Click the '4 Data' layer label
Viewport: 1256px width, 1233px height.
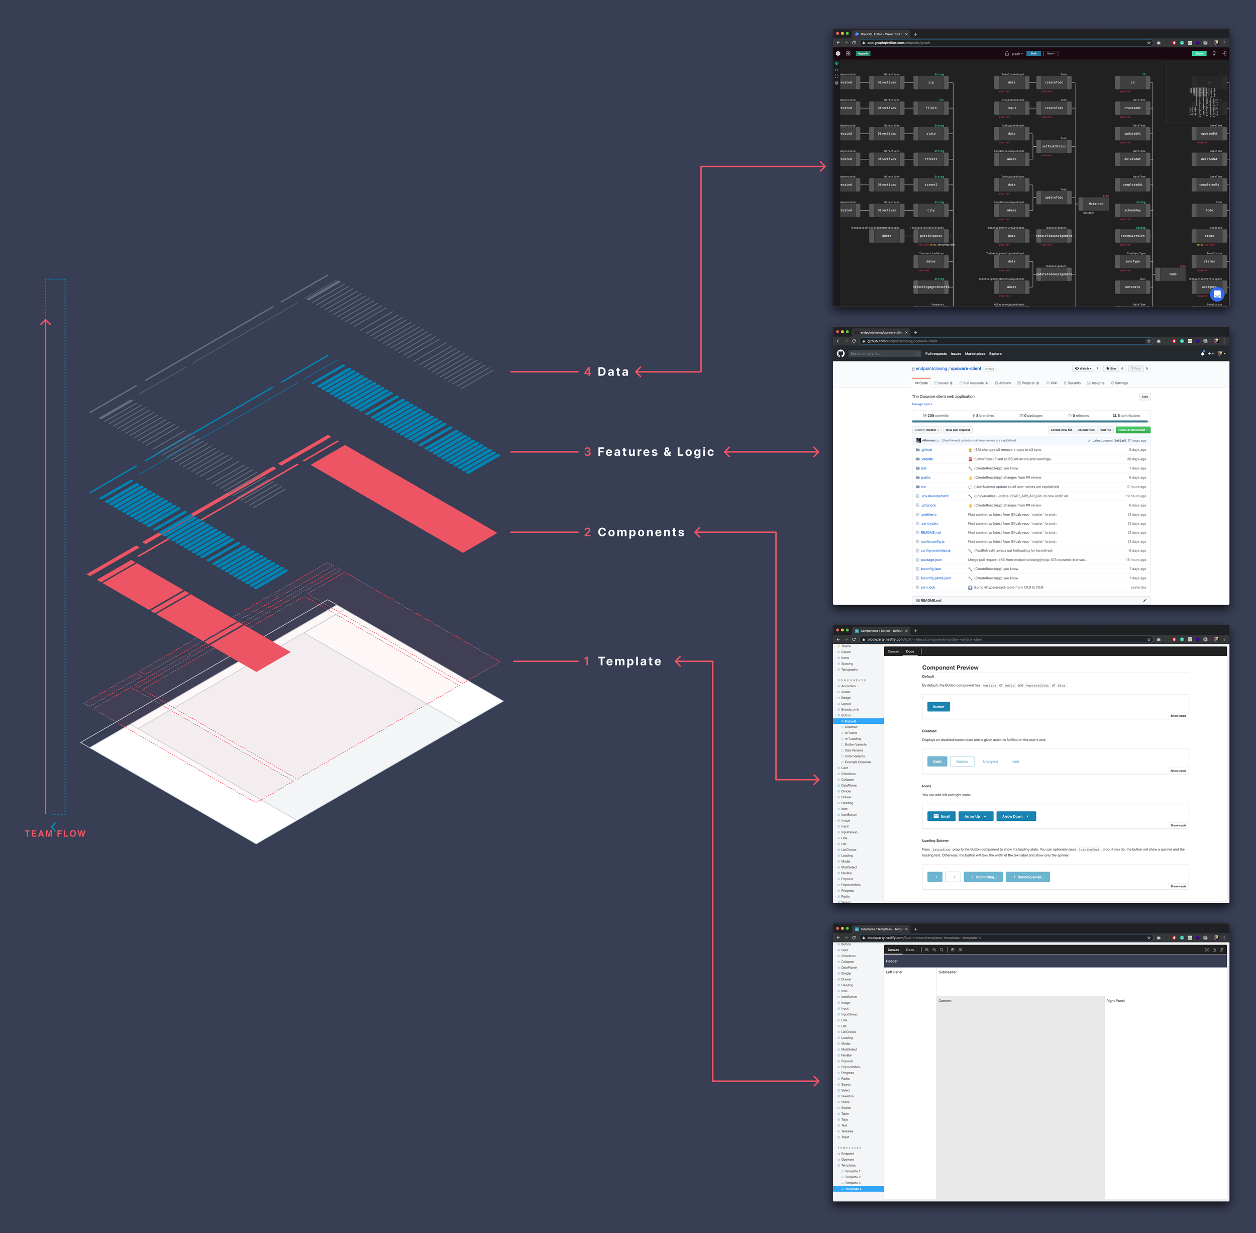coord(606,372)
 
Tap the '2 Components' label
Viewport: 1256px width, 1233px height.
coord(635,532)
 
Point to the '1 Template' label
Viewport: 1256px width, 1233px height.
coord(623,661)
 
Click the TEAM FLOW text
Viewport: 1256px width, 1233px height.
coord(55,833)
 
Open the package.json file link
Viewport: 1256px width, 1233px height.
coord(931,559)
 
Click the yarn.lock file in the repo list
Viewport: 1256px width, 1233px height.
coord(928,588)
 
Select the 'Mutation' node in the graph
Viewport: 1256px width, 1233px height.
coord(1095,204)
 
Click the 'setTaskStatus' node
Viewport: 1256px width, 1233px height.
coord(1054,146)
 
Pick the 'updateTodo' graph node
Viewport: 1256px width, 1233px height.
coord(1054,198)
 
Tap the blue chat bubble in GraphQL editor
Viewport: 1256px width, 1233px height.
coord(1216,295)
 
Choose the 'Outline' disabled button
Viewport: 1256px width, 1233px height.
coord(962,762)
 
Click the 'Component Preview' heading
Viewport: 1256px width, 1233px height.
coord(950,668)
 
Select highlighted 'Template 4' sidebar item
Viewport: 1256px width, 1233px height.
coord(858,1189)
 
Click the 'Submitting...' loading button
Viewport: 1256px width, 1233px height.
coord(983,877)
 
